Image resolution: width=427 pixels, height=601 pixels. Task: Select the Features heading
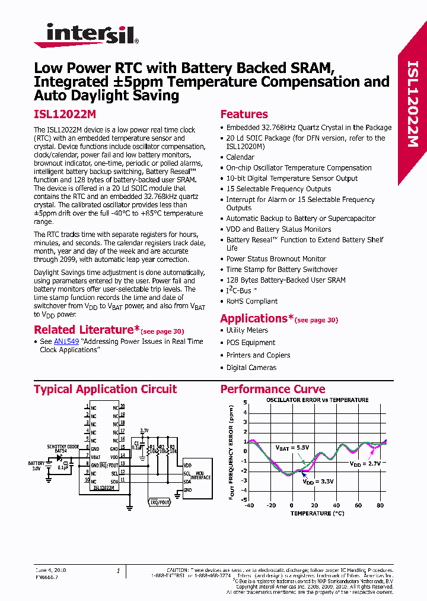(x=244, y=115)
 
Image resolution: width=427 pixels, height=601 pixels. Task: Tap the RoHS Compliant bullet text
(x=251, y=301)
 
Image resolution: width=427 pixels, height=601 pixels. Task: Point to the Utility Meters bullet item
(x=247, y=330)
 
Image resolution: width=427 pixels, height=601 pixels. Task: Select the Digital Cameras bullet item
(x=251, y=368)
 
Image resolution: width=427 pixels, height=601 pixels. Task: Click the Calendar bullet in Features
(x=240, y=157)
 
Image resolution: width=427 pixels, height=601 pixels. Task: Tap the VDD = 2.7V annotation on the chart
(x=364, y=463)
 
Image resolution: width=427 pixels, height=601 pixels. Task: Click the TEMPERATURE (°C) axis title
(x=314, y=513)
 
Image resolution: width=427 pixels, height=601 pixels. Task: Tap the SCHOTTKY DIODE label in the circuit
(x=63, y=446)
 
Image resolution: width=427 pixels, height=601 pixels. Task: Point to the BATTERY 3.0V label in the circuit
(x=36, y=465)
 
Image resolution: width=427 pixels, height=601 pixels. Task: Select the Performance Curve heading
(x=272, y=390)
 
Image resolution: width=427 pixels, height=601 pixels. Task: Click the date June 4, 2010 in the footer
(x=51, y=570)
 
